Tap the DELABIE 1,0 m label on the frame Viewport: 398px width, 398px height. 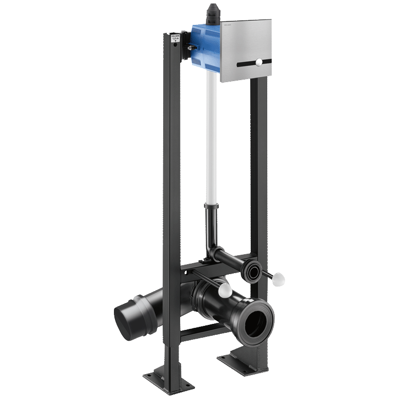pyautogui.click(x=175, y=38)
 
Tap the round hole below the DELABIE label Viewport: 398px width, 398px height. pyautogui.click(x=175, y=46)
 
